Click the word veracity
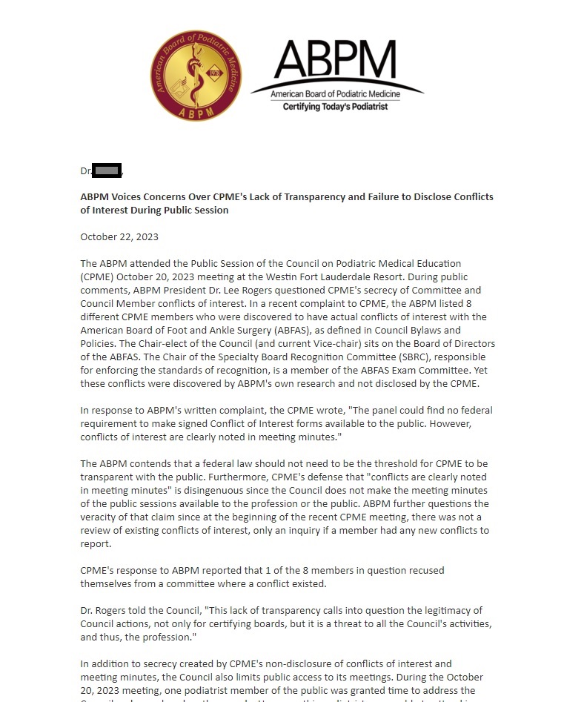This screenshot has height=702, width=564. [102, 517]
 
